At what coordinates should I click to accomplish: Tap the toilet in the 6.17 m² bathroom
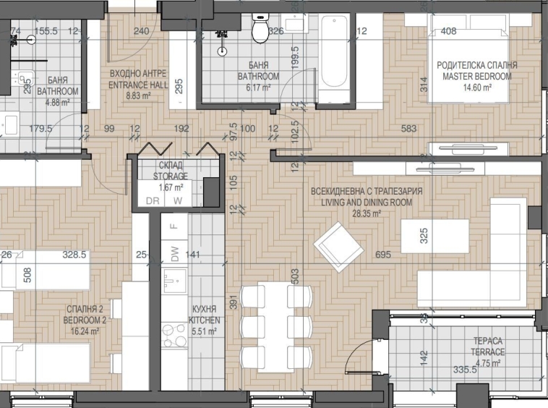[259, 30]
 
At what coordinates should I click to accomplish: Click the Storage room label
[172, 171]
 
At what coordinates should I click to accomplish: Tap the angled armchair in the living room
[338, 247]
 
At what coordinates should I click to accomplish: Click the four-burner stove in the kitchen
[174, 335]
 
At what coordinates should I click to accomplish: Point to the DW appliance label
[174, 252]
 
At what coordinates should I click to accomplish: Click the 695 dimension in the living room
[384, 255]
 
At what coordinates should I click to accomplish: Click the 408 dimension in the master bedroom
[448, 31]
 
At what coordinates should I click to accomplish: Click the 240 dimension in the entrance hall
[142, 31]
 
